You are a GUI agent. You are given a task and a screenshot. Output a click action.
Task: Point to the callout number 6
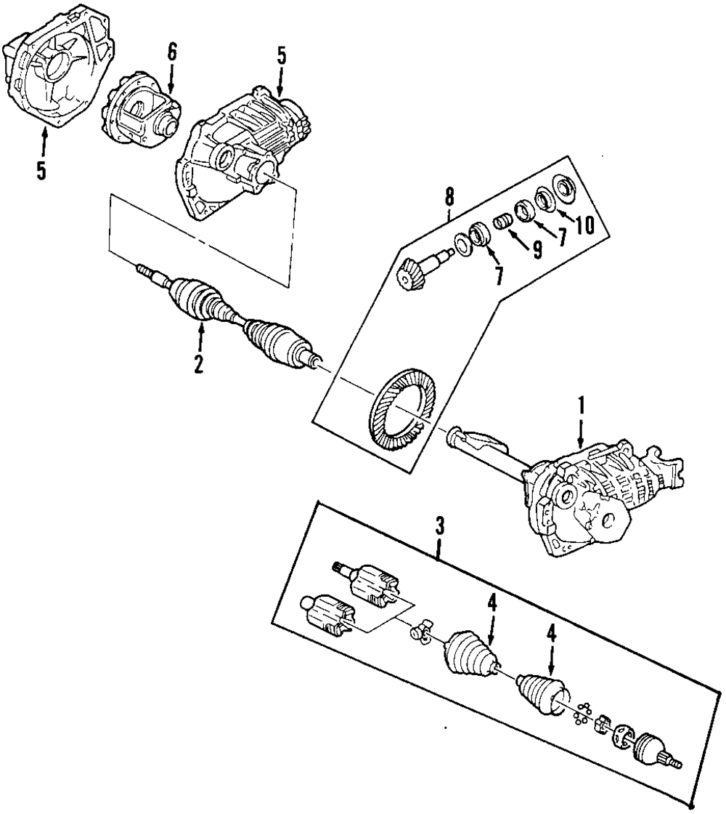171,52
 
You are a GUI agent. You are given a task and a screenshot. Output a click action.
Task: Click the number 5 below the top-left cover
41,169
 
